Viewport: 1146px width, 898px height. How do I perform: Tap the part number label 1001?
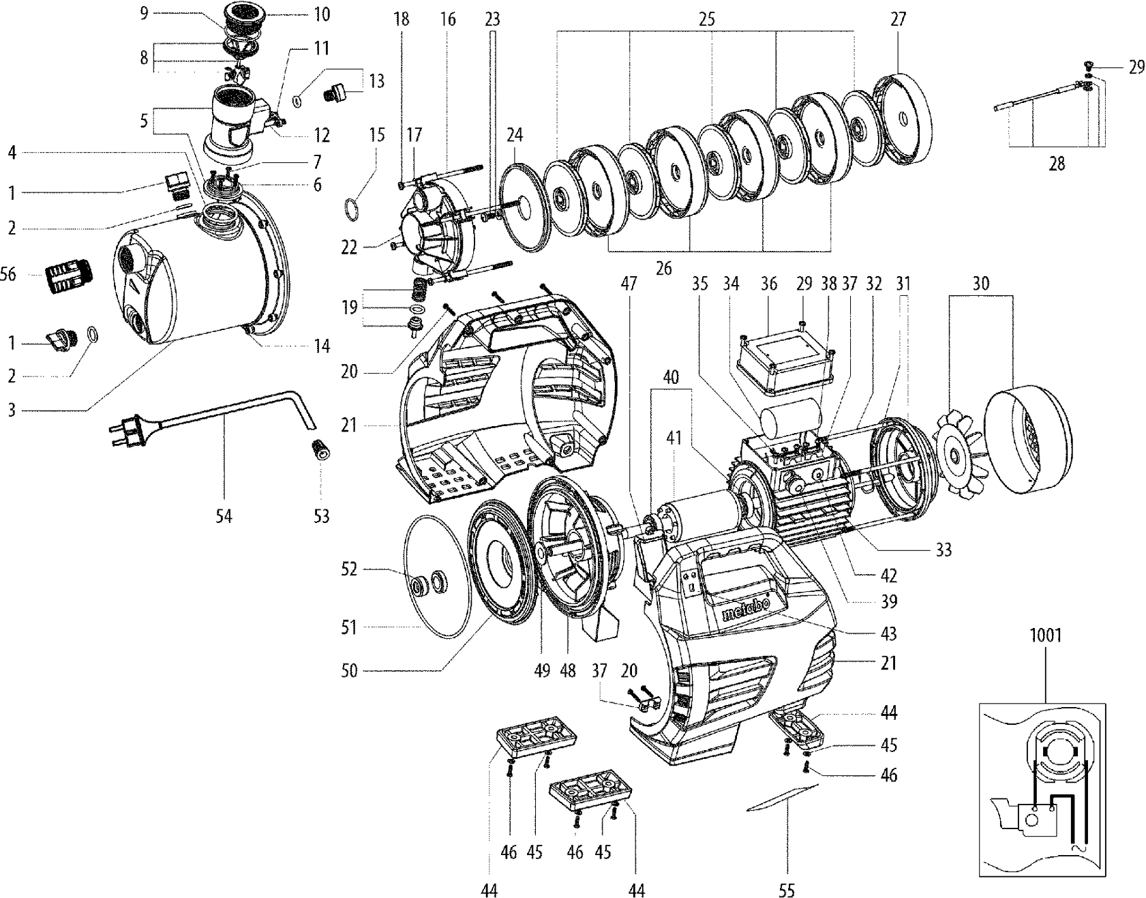1045,635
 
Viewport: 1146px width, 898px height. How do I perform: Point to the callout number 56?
10,274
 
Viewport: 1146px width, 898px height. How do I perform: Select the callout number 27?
898,19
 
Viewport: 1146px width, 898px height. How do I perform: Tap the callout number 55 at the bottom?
787,890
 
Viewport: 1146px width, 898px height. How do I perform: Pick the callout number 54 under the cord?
224,517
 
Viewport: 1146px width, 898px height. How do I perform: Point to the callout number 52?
348,569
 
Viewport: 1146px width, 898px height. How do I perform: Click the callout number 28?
1056,164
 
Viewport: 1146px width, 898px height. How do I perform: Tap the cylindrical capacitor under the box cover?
790,418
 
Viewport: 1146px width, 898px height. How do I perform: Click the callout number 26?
663,268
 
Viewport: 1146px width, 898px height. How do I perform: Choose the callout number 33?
943,549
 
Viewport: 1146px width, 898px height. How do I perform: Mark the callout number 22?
349,247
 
